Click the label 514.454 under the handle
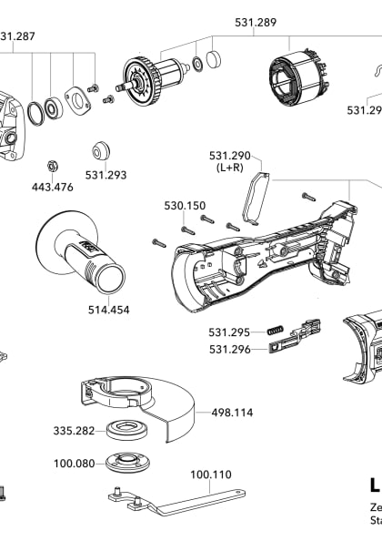[108, 310]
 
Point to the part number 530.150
[185, 206]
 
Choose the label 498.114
[232, 413]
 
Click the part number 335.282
[74, 430]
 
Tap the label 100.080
[74, 464]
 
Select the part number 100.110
[210, 474]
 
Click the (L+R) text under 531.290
[229, 168]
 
